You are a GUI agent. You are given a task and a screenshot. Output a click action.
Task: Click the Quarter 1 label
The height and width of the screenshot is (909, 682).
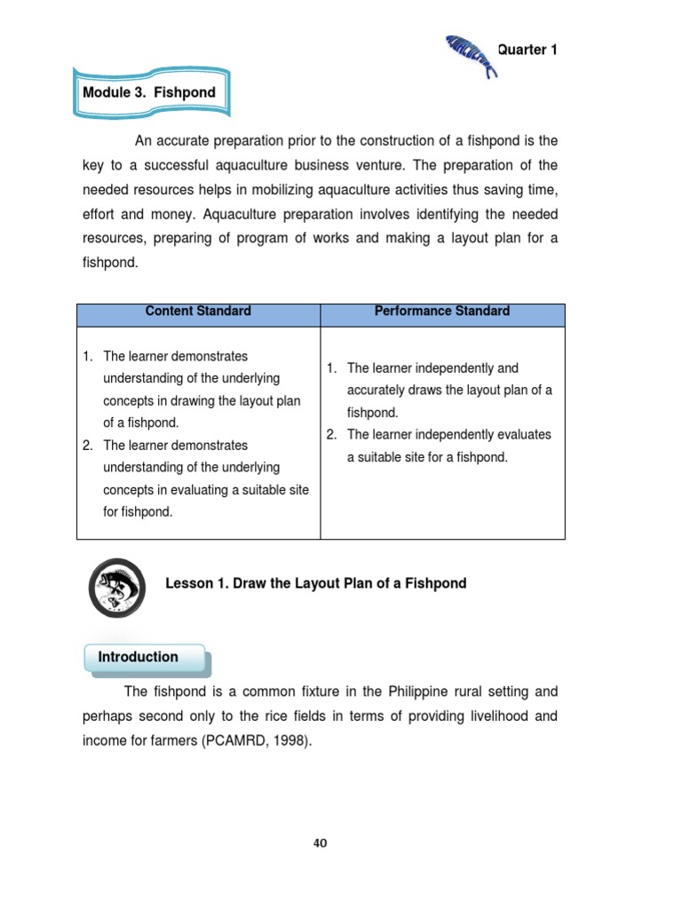click(527, 50)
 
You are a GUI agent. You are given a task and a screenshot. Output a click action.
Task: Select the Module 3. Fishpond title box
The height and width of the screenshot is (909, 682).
click(148, 92)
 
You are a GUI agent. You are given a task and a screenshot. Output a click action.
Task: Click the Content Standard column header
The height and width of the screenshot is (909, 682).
click(198, 312)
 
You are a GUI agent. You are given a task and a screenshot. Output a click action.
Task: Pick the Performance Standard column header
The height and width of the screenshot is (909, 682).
click(442, 312)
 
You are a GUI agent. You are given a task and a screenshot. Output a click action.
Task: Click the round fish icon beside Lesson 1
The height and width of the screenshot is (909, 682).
click(118, 587)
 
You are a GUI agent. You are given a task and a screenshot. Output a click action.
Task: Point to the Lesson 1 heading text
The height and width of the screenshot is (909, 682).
click(315, 583)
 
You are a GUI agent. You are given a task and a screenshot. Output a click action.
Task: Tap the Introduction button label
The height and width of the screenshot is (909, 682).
click(138, 657)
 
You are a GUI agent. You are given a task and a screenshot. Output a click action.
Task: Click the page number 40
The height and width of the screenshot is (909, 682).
click(320, 843)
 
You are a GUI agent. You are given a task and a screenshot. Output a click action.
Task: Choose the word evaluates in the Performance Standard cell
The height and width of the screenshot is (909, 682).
click(523, 435)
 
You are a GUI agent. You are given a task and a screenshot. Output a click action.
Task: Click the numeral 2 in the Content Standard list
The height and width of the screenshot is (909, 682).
click(86, 446)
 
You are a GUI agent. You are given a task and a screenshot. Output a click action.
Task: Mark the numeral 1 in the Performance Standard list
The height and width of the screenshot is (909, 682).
click(329, 368)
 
